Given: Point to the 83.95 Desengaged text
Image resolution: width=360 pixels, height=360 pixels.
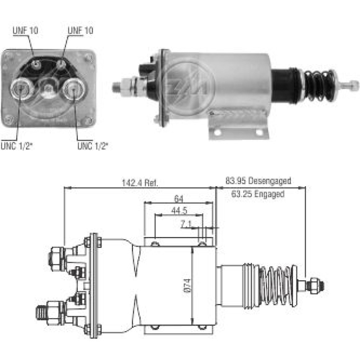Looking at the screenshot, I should (x=258, y=181).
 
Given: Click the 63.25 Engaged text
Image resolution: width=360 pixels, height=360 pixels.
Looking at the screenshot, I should (x=257, y=194).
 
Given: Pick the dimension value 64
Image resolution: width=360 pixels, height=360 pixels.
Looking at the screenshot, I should (x=178, y=198).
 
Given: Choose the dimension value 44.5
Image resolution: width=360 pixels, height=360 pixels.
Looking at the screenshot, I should (x=179, y=211).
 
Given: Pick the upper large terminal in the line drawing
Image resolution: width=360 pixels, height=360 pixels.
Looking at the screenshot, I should (x=57, y=255).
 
